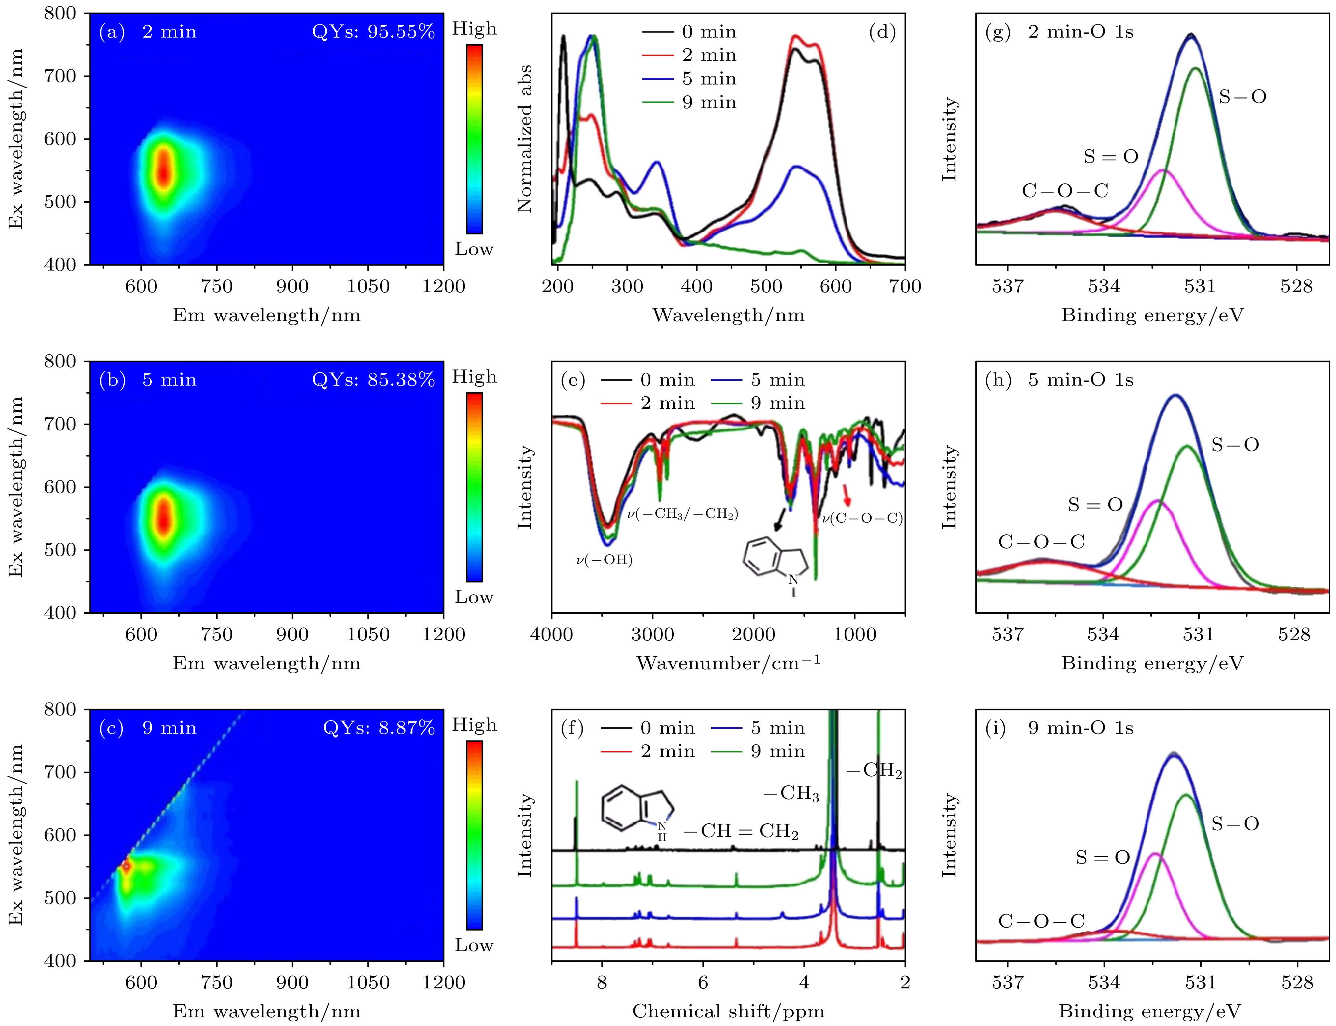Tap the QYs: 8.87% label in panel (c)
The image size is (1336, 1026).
(378, 728)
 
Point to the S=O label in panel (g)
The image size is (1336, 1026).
(1111, 157)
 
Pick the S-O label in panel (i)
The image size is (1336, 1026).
(1235, 824)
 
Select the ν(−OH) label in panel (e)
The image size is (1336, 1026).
(604, 560)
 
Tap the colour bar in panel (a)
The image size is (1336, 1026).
(474, 139)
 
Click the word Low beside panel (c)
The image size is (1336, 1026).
(474, 945)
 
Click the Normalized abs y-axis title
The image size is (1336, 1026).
(525, 139)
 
